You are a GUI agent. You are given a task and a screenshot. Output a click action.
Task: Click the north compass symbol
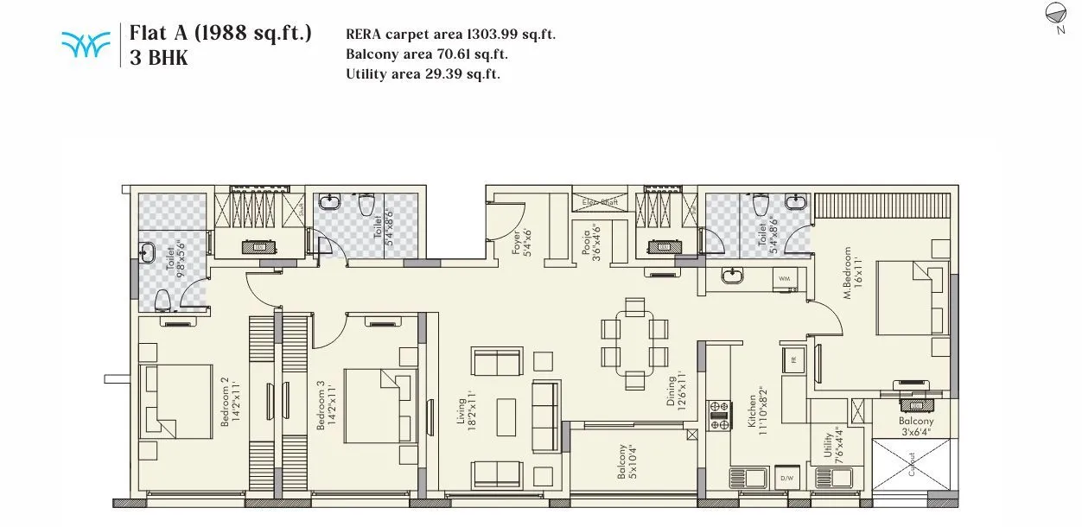click(1056, 13)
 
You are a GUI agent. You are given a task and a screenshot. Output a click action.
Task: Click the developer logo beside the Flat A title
click(86, 44)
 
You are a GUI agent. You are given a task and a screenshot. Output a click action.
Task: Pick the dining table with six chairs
click(635, 342)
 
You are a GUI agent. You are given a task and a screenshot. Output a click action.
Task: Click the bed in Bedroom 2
click(176, 399)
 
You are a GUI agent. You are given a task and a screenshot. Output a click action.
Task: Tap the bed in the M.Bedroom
click(911, 299)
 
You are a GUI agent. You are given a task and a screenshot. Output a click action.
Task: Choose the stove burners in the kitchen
click(719, 415)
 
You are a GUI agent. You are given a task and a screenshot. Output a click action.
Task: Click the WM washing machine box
click(784, 279)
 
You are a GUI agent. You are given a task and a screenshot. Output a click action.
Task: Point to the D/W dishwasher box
click(786, 478)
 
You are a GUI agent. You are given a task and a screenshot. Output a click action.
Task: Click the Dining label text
click(676, 391)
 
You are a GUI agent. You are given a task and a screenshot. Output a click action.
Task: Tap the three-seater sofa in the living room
click(545, 415)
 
